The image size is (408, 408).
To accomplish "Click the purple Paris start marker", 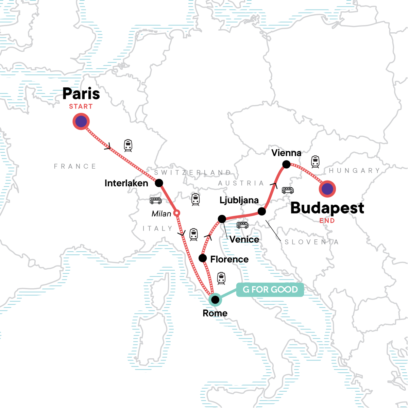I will point(81,121).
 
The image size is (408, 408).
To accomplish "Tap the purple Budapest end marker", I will point(327,189).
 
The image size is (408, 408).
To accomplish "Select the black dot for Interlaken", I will point(159,183).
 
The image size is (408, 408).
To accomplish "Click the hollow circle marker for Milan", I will point(176,213).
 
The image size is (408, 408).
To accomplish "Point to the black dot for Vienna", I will point(286,165).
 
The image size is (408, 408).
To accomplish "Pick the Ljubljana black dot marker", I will point(261,211).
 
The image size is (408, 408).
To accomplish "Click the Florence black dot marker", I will point(203,258).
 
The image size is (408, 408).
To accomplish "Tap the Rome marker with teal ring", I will point(215,300).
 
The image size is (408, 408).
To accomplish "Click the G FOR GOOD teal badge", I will point(270,290).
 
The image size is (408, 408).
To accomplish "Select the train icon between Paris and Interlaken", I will point(128,146).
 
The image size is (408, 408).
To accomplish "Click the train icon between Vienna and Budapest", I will point(315,162).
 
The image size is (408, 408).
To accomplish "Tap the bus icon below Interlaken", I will point(156,201).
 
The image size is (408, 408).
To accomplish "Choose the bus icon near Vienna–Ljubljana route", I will point(288,190).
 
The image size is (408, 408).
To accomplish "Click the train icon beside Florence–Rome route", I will point(221,278).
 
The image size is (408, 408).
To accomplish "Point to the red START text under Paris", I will point(81,106).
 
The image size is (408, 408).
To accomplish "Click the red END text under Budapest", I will point(327,221).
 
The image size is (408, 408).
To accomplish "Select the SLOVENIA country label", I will point(311,242).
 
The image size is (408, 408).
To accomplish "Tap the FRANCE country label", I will point(75,166).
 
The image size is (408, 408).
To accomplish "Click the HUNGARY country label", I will point(354,170).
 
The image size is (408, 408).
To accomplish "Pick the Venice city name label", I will point(244,239).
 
